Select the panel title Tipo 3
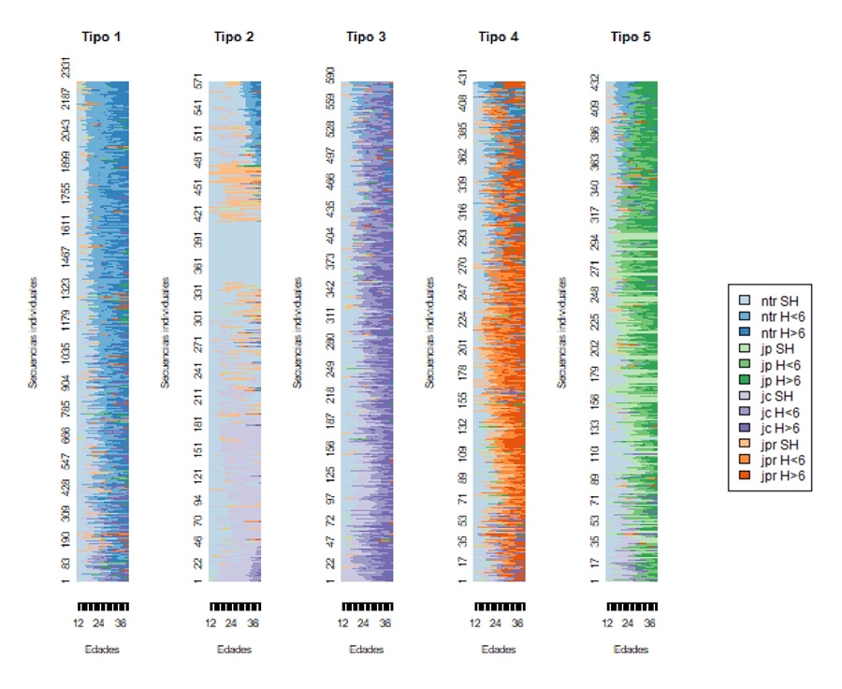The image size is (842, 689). click(x=366, y=37)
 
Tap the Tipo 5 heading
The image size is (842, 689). click(x=631, y=37)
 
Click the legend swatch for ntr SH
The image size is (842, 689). click(x=745, y=301)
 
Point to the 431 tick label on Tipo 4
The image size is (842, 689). click(x=462, y=79)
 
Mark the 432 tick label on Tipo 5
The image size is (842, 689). click(x=595, y=81)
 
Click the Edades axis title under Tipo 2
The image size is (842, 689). click(x=234, y=650)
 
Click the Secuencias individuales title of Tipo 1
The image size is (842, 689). click(x=33, y=332)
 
